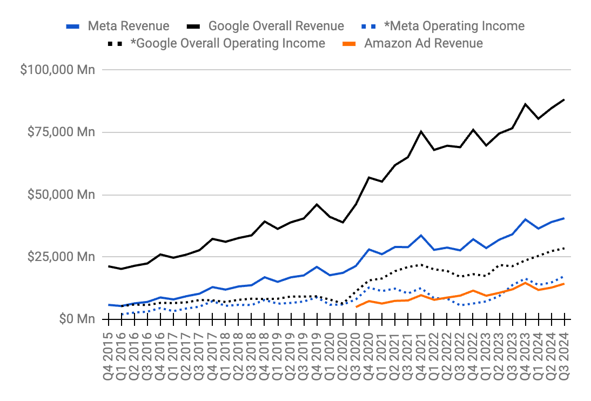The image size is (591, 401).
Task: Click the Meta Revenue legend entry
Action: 129,26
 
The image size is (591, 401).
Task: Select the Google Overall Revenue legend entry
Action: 276,26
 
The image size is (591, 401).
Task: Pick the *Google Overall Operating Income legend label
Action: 227,43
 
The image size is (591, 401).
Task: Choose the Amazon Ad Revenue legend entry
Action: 424,43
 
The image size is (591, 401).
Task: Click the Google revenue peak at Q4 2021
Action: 421,131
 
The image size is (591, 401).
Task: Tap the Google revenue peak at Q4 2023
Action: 525,104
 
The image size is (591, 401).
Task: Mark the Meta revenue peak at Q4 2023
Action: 525,219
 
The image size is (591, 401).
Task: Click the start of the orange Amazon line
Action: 357,306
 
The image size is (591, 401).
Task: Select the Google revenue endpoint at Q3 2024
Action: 564,99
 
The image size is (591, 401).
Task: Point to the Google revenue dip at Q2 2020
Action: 343,222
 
